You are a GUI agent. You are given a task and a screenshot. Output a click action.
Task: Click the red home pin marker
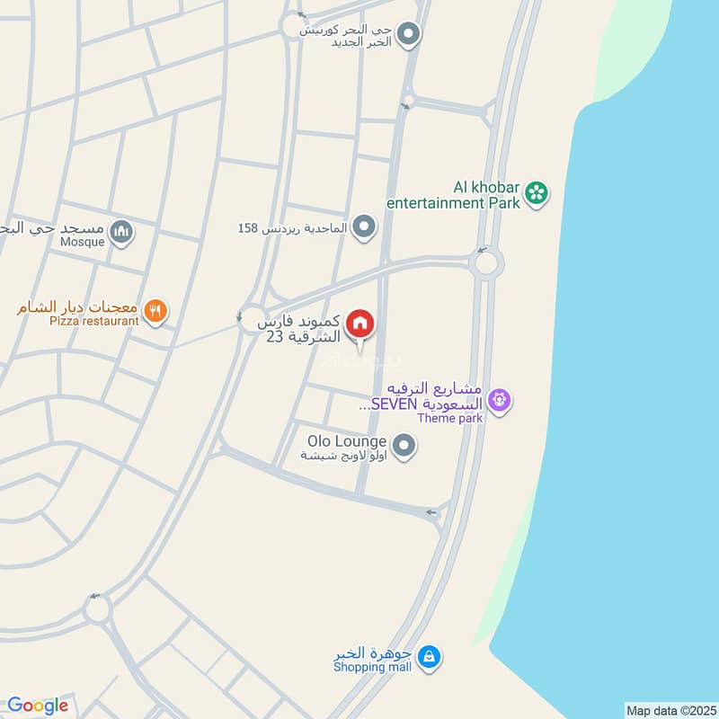(x=360, y=323)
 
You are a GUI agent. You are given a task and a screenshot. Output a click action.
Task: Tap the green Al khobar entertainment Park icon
(x=537, y=192)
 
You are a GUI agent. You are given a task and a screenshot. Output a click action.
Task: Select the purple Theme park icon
(x=502, y=397)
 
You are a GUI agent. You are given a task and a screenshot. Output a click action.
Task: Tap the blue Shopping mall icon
(x=431, y=656)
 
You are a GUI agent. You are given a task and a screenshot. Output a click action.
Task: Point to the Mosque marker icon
(x=121, y=234)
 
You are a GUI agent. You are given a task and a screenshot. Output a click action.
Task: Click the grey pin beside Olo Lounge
(x=404, y=445)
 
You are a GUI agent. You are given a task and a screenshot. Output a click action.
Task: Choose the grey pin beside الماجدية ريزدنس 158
(x=364, y=226)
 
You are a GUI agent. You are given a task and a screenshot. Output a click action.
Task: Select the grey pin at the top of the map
(x=410, y=35)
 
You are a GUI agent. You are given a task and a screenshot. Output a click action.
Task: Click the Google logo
(x=38, y=706)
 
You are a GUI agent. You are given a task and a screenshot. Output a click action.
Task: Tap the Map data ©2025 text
(x=670, y=711)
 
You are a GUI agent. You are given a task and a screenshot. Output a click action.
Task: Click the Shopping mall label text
(x=372, y=668)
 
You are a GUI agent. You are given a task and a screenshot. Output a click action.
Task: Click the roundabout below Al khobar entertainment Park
(x=485, y=263)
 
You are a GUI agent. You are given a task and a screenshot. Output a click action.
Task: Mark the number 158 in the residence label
(x=248, y=228)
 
